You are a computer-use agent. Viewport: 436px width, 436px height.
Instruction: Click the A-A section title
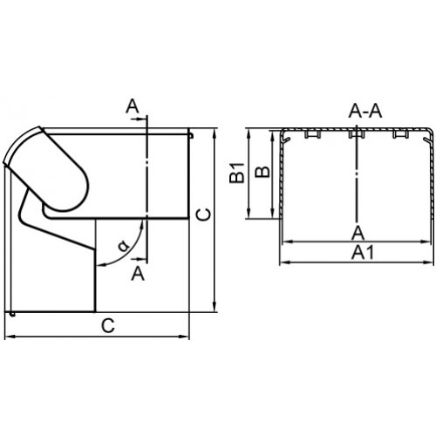365,111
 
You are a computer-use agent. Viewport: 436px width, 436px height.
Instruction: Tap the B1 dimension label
236,173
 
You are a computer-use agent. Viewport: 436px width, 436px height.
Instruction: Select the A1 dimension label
362,252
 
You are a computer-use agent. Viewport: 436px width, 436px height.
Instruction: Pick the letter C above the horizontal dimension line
108,325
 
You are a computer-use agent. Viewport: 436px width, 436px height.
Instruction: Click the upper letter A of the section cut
133,106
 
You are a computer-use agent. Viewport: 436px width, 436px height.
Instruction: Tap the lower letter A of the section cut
138,274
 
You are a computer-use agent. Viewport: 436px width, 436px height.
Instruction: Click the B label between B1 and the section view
262,172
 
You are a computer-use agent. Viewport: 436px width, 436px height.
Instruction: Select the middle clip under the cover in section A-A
357,134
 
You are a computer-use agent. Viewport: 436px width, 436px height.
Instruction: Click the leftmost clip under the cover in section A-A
312,134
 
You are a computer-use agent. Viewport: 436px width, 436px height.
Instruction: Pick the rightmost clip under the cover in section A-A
400,134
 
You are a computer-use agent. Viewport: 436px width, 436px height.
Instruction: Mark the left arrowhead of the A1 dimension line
283,262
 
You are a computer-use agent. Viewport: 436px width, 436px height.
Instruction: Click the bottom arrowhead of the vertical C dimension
215,308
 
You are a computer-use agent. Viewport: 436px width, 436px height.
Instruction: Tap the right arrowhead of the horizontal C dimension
185,337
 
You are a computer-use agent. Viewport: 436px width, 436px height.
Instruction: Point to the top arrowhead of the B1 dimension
249,133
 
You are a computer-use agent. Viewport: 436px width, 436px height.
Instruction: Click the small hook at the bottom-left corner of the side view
12,314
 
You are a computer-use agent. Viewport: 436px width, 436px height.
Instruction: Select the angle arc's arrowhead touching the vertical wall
99,265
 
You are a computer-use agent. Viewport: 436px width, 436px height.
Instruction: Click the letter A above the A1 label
358,233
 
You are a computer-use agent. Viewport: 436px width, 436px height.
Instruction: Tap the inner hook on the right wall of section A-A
427,140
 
